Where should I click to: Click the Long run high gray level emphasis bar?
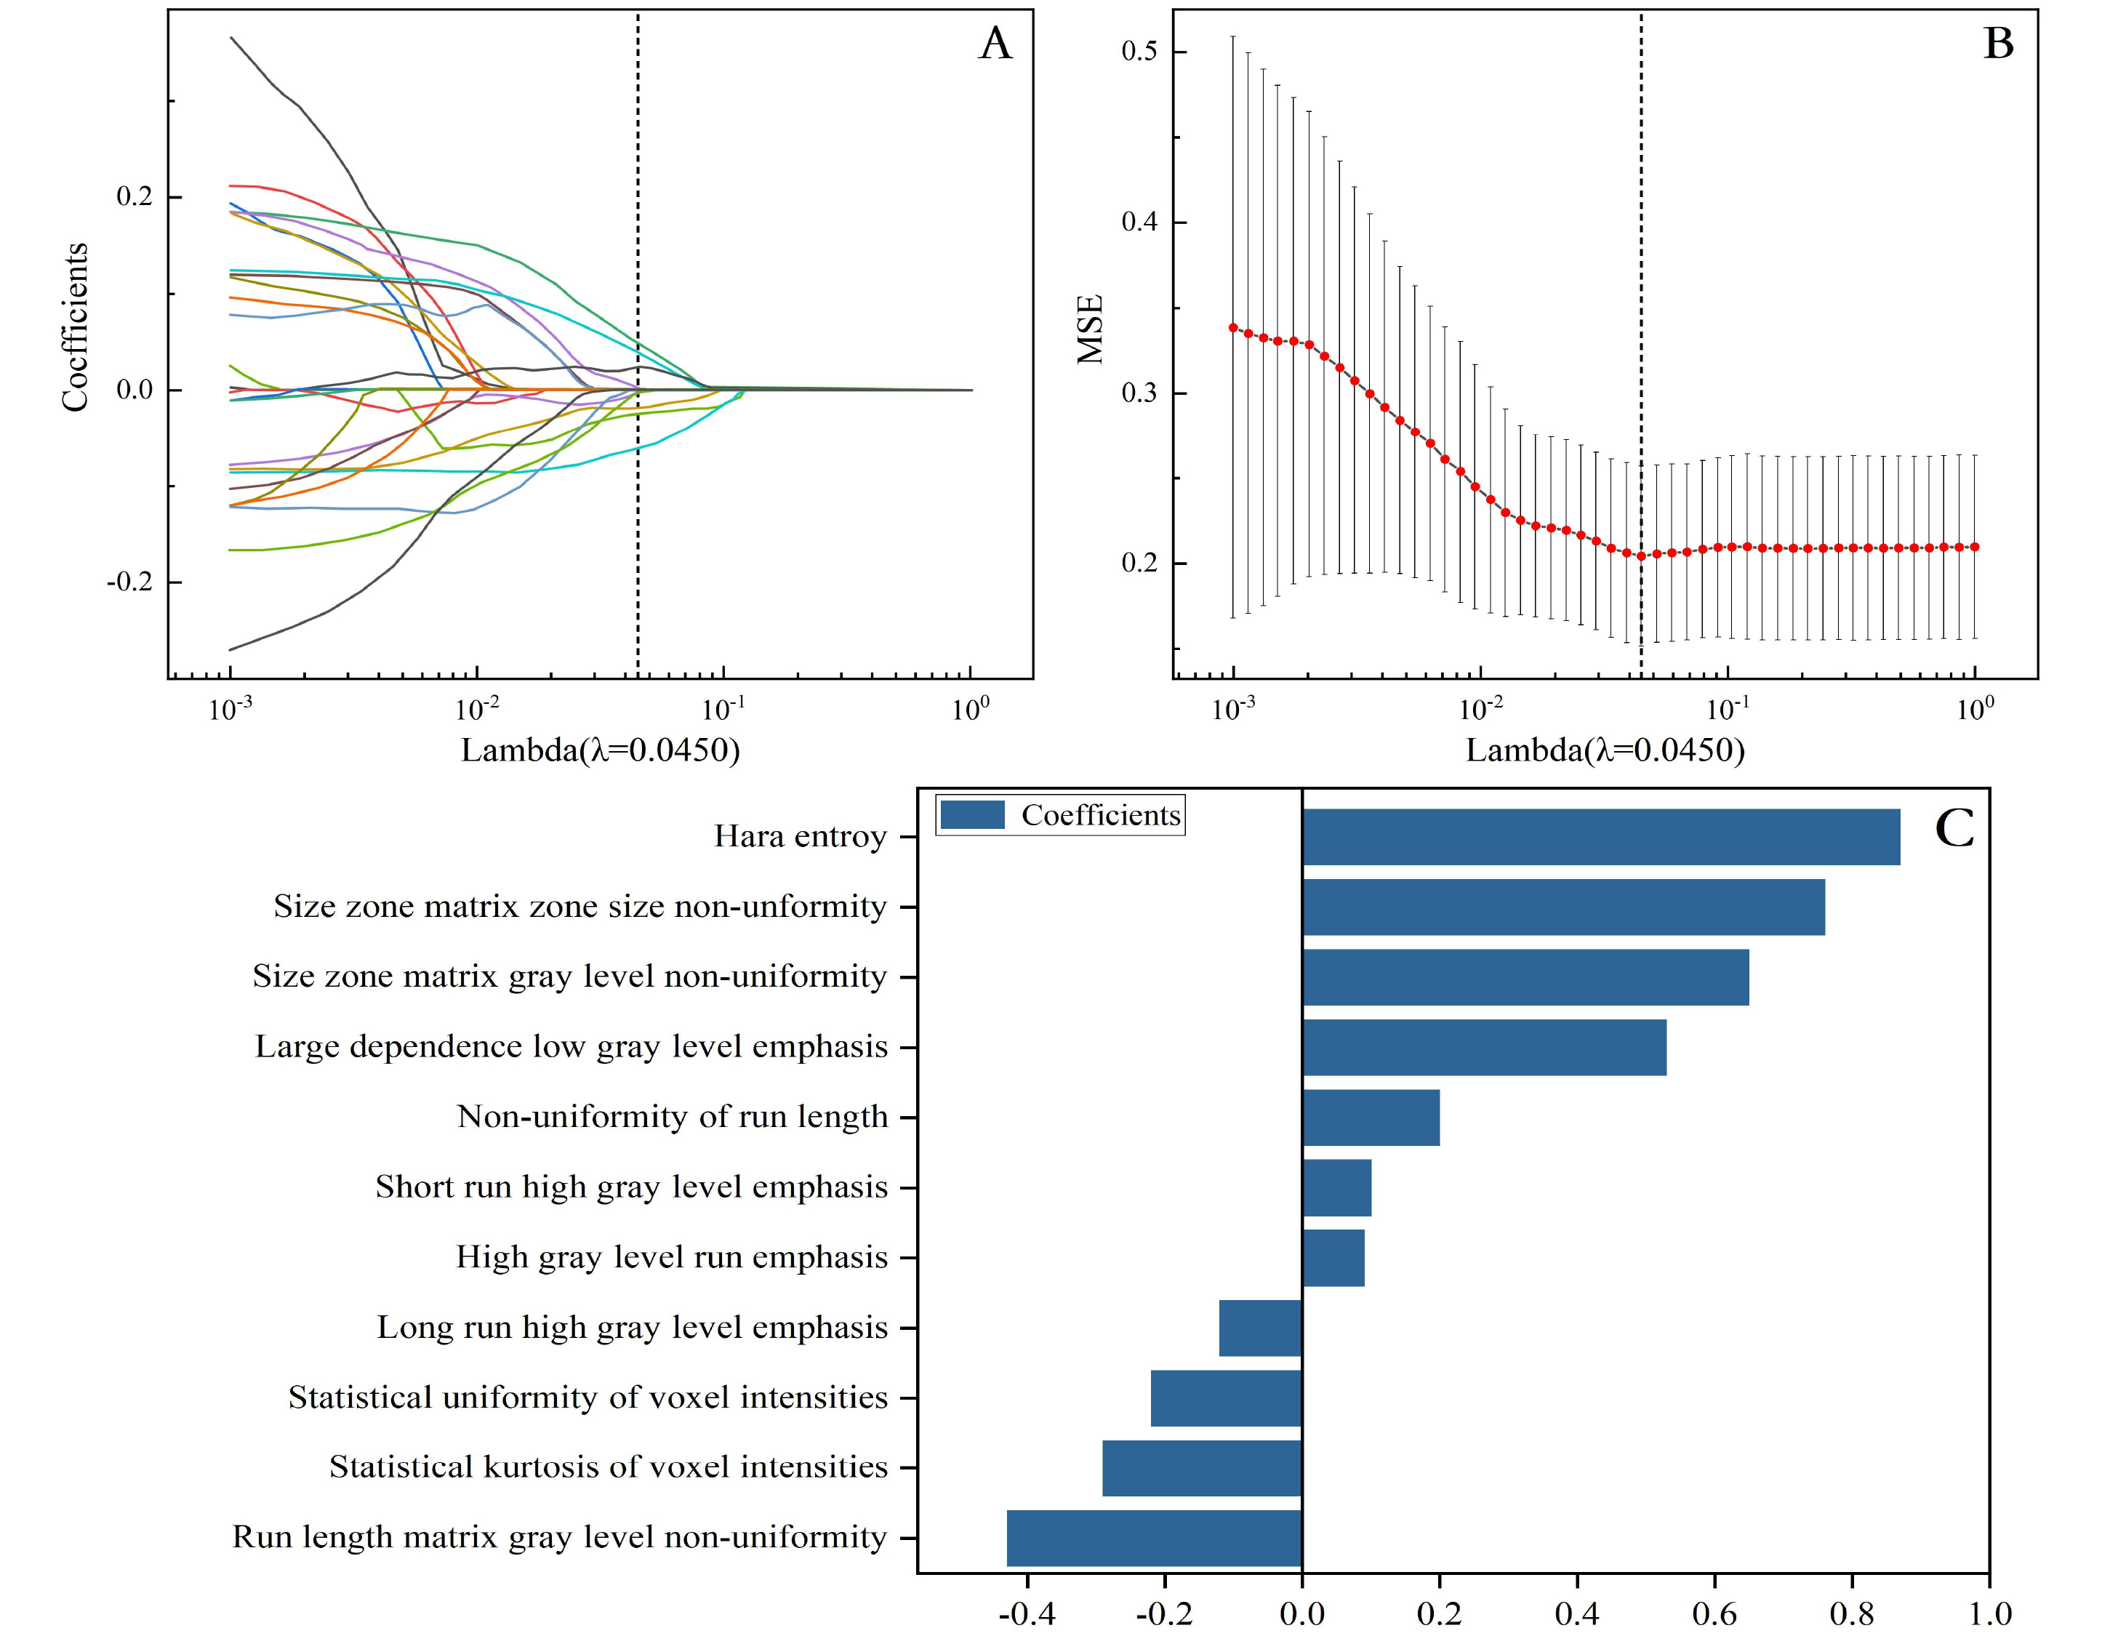click(1260, 1328)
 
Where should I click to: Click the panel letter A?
click(995, 44)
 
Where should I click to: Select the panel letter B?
click(1998, 44)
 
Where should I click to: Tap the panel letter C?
click(1954, 829)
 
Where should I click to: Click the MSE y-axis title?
click(1091, 329)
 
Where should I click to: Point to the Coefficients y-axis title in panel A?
click(76, 328)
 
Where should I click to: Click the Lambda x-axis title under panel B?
click(1605, 751)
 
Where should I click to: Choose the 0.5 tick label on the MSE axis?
click(1139, 51)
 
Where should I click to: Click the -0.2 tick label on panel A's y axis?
click(129, 582)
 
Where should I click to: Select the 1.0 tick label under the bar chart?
click(1989, 1613)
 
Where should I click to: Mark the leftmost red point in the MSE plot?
click(1232, 328)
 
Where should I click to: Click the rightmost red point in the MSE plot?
click(1975, 547)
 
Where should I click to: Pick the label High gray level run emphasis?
click(671, 1257)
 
